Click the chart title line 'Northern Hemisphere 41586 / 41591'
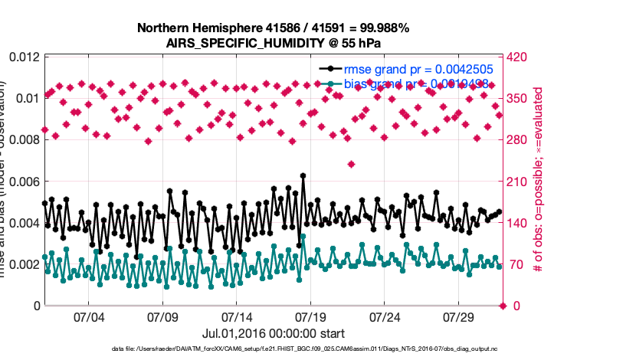274,28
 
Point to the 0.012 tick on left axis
23,57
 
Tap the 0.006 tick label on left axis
23,182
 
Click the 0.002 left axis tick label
23,264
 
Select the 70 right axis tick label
516,264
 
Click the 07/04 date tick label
88,317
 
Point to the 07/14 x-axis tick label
236,317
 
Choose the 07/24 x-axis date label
385,317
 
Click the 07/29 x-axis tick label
458,317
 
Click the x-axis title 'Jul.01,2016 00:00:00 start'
274,333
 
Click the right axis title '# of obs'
539,182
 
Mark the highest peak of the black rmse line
303,175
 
